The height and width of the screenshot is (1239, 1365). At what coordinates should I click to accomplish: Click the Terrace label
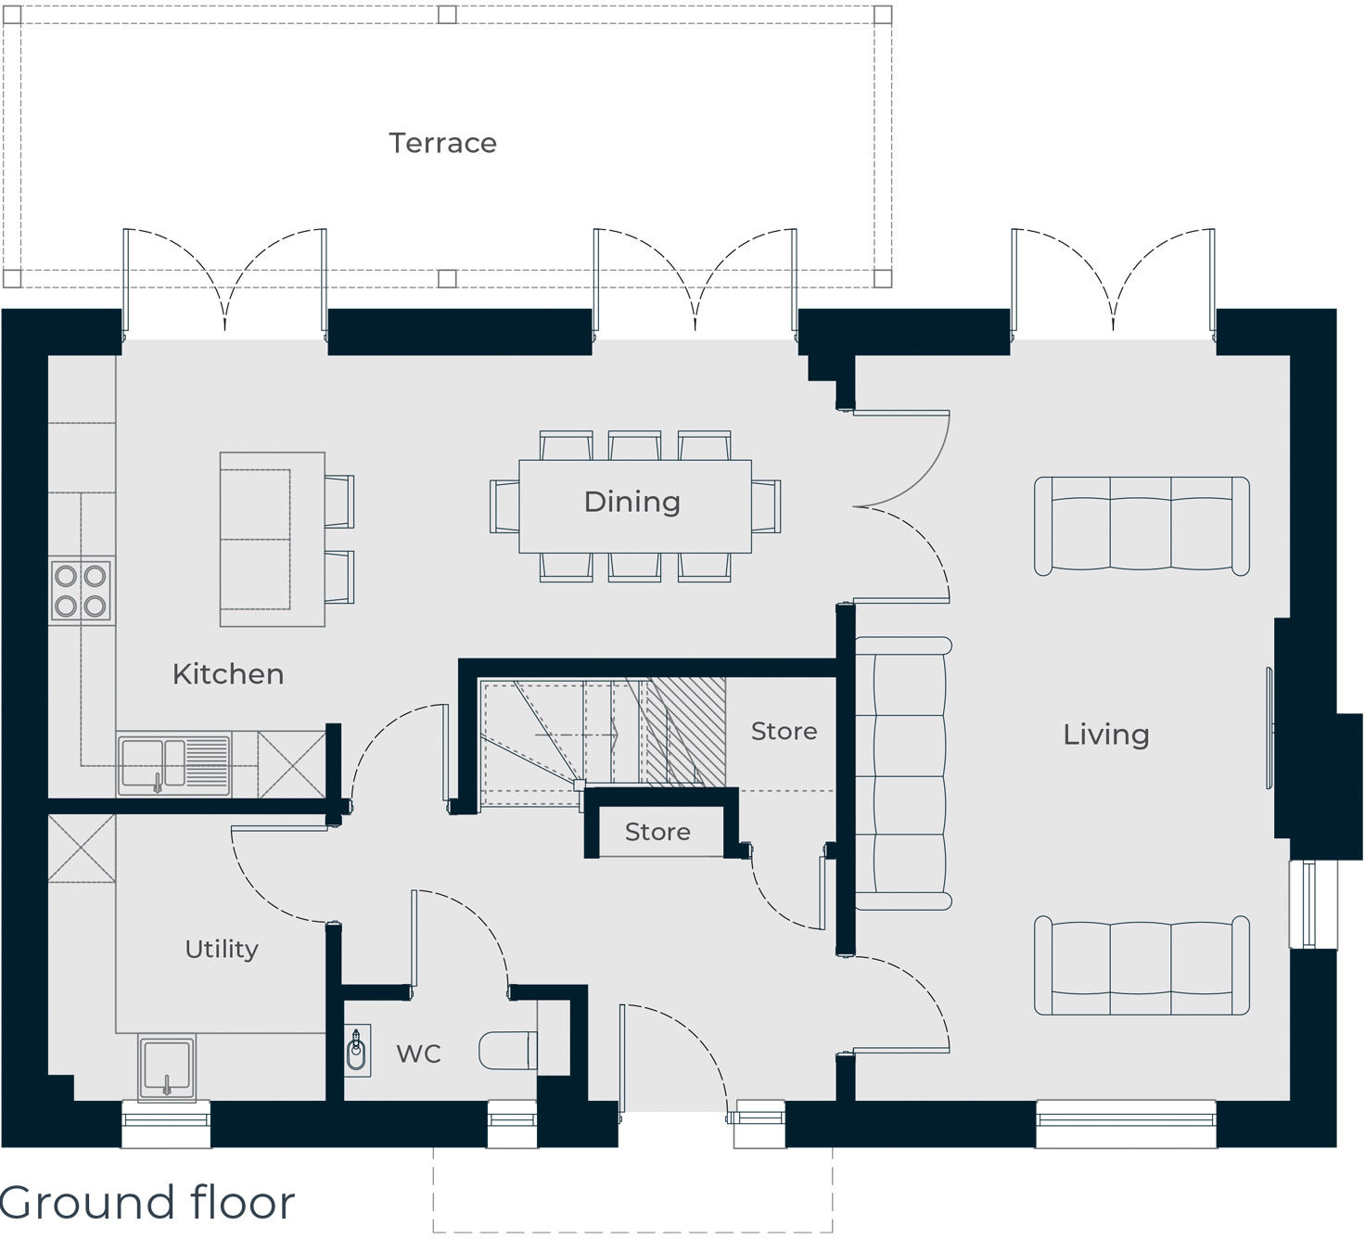point(442,143)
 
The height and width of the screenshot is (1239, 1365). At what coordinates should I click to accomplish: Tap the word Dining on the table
point(632,502)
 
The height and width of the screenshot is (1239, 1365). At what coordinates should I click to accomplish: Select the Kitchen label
point(228,674)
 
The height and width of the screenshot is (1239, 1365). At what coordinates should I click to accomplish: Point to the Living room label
point(1106,734)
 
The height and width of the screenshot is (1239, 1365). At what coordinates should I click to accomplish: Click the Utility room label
point(222,949)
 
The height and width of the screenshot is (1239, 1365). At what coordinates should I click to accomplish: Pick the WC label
point(418,1054)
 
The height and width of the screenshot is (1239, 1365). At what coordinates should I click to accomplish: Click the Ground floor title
point(147,1202)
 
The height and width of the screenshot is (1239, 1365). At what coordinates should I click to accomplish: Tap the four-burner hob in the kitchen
point(82,590)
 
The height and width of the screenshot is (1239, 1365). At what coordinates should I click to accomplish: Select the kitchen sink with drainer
point(173,764)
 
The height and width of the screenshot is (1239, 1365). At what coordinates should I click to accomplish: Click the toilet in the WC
point(508,1051)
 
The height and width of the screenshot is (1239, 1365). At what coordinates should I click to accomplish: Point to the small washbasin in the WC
point(357,1051)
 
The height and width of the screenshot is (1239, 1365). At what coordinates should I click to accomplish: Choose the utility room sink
point(167,1067)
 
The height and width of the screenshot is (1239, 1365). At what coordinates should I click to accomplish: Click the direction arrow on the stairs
point(577,735)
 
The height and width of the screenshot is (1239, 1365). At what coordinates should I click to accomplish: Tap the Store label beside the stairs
point(784,731)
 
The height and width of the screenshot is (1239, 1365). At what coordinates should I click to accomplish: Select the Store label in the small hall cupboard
point(657,832)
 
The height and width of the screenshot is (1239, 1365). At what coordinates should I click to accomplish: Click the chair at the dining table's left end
point(504,506)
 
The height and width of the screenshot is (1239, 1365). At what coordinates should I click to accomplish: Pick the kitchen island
point(273,539)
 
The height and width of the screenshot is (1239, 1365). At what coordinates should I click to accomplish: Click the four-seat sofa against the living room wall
point(902,773)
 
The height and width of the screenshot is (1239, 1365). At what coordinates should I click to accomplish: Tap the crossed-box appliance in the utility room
point(82,849)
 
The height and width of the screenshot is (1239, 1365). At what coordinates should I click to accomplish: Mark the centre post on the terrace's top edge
point(447,14)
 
